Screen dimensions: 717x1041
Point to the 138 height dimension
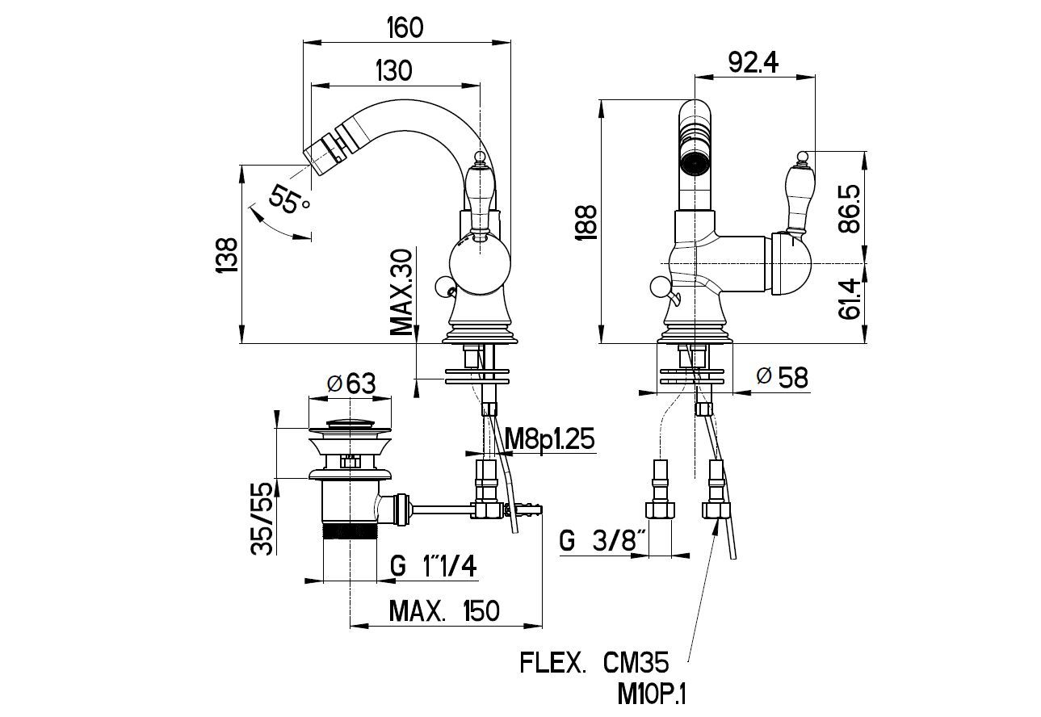pos(229,257)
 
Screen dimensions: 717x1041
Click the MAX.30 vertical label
pos(401,292)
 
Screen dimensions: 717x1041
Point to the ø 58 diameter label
pos(783,377)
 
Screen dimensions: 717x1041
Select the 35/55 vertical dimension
pos(261,518)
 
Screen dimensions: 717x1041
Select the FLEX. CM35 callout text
pos(594,665)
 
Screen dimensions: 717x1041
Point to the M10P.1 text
pos(653,694)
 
